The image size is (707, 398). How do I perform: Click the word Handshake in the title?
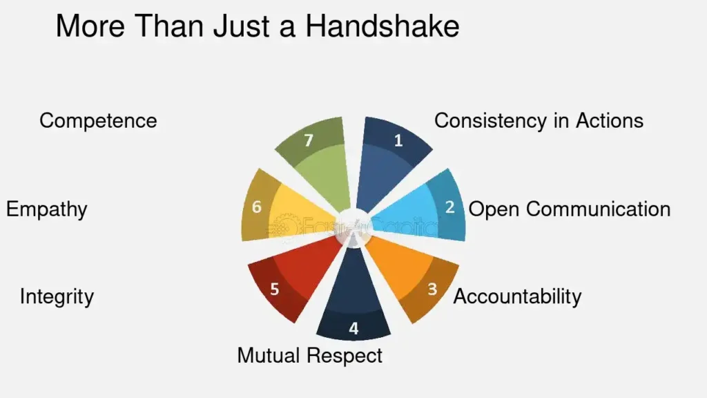point(382,26)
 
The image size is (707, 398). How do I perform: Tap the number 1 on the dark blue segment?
point(398,141)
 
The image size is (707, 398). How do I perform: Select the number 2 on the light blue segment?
point(450,207)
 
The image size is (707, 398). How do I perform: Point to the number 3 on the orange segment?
point(432,289)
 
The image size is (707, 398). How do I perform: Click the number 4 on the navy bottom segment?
point(353,328)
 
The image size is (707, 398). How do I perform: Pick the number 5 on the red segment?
point(275,289)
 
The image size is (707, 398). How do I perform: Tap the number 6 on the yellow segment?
point(257,207)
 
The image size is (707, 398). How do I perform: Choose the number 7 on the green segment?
point(309,141)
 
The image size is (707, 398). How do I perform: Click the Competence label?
point(98,121)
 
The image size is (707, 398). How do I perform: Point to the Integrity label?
point(57,297)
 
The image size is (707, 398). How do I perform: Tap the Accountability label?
point(517,297)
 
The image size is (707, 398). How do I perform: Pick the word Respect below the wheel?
point(344,357)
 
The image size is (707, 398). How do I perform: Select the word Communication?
point(599,209)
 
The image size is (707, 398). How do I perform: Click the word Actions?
point(610,121)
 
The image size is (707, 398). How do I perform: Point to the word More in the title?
point(90,26)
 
